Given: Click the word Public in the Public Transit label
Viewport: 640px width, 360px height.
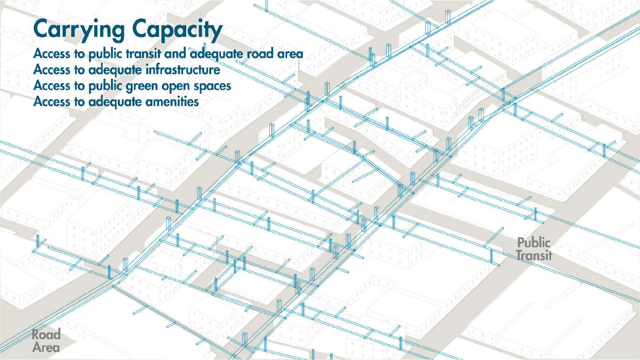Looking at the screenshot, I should click(534, 243).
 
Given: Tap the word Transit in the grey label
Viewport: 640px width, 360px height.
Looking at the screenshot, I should click(534, 255).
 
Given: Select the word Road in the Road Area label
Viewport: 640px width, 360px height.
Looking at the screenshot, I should click(46, 334).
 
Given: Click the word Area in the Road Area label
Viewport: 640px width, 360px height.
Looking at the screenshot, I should click(46, 347).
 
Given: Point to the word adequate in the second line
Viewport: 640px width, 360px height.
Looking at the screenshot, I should click(112, 70).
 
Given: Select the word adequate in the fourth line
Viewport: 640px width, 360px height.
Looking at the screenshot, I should click(112, 102).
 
